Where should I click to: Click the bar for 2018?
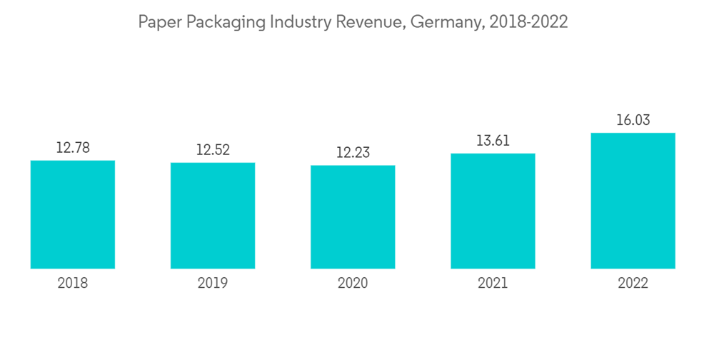tap(73, 214)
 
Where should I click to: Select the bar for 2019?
tap(213, 216)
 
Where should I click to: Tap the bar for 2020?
tap(353, 217)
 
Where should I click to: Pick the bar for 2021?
tap(493, 211)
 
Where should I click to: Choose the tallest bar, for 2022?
tap(633, 201)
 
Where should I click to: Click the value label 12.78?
tap(73, 148)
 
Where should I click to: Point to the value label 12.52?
tap(213, 150)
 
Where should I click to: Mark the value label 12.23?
tap(353, 153)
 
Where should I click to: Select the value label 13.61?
tap(493, 141)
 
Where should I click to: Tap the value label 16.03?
tap(633, 120)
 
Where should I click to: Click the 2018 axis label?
tap(73, 284)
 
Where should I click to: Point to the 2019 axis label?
tap(213, 284)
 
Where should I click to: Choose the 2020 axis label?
tap(353, 284)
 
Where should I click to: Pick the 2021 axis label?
tap(493, 284)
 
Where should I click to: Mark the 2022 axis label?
tap(633, 284)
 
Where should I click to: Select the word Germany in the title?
tap(447, 23)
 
